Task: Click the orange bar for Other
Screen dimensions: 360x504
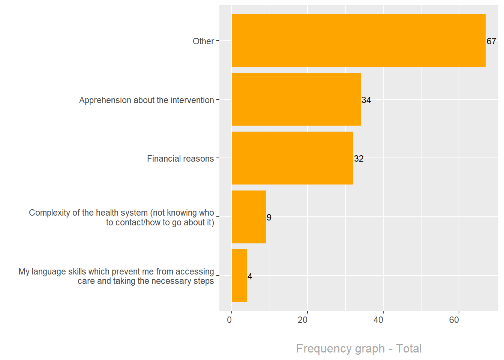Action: (x=358, y=41)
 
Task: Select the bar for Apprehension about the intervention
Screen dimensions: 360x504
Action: (x=296, y=99)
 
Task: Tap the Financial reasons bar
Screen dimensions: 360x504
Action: (x=292, y=158)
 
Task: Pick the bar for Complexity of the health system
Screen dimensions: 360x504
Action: (x=249, y=217)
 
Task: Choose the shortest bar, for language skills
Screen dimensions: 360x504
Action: (x=239, y=276)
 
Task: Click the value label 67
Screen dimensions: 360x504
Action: (x=491, y=41)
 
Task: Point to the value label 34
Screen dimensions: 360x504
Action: (x=366, y=100)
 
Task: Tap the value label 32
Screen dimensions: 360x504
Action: (x=359, y=159)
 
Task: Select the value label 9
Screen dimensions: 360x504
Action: (x=269, y=217)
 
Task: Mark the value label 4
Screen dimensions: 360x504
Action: (x=250, y=276)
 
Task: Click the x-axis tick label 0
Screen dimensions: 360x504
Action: (x=229, y=320)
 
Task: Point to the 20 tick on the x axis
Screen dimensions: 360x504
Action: (x=303, y=320)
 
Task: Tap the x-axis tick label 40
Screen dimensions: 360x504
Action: (x=378, y=320)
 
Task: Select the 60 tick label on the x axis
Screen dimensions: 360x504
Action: (x=454, y=320)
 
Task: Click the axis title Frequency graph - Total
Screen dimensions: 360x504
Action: (x=359, y=348)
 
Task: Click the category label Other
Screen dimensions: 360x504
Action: (x=203, y=41)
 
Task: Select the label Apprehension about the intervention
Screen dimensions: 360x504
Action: (x=146, y=100)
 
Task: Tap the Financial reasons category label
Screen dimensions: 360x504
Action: (x=180, y=159)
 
